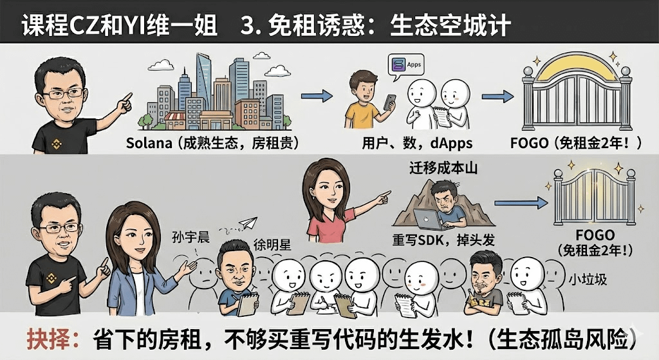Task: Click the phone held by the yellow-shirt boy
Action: [x=390, y=102]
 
